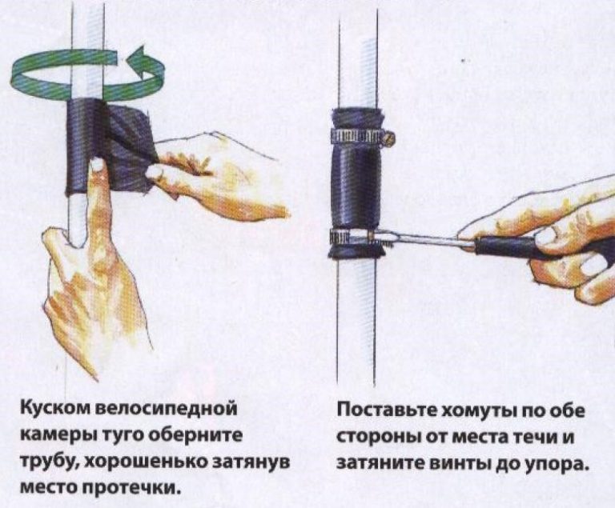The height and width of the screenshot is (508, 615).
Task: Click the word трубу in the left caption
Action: pos(46,463)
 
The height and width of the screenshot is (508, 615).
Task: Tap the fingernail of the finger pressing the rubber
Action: pos(96,165)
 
